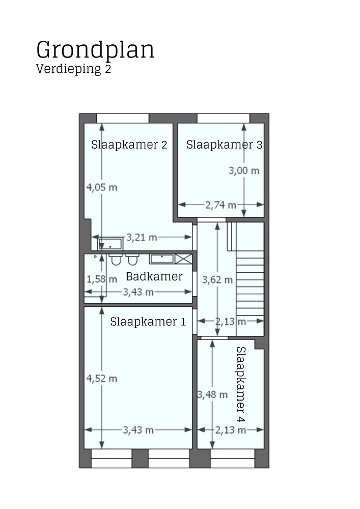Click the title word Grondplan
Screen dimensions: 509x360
95,50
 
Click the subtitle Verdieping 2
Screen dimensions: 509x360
73,69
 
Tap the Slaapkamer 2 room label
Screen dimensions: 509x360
129,144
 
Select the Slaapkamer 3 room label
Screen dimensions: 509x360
224,144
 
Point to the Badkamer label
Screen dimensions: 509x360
154,277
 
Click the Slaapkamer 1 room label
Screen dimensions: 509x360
148,322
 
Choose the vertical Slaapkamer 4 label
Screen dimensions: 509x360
241,384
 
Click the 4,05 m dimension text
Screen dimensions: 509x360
102,187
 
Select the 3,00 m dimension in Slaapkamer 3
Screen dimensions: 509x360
244,171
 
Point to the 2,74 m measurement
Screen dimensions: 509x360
220,205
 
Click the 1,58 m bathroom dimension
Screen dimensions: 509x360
102,279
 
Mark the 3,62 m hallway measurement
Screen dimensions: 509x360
217,279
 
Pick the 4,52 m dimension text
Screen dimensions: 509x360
102,378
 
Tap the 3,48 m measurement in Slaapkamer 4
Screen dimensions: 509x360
212,394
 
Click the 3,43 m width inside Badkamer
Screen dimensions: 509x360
138,292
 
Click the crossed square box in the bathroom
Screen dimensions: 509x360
184,259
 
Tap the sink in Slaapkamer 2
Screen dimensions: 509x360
110,243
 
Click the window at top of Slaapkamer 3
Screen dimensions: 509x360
223,118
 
